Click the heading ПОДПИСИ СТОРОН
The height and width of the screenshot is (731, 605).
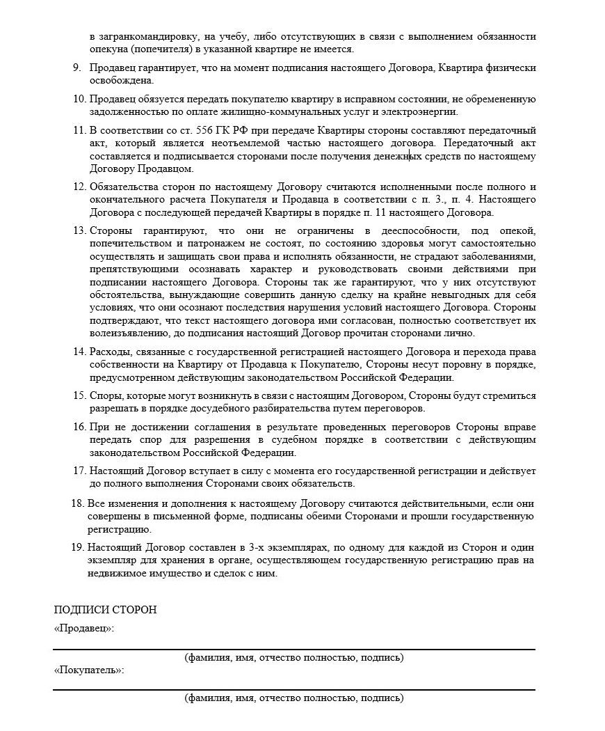(x=105, y=610)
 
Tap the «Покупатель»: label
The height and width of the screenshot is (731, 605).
(x=89, y=670)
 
